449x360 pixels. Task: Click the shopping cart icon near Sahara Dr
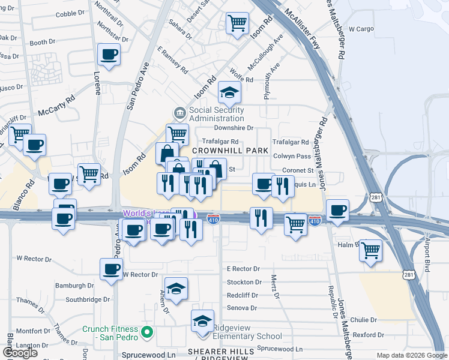tap(237, 24)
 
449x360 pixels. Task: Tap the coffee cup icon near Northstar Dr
tap(109, 55)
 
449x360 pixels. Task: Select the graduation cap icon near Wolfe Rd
tap(229, 92)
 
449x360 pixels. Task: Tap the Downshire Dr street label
tap(234, 128)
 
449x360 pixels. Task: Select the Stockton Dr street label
tap(243, 282)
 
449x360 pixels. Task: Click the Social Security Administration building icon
tap(179, 113)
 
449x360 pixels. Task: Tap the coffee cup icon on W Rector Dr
tap(110, 269)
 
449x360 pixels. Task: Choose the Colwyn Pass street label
tap(292, 156)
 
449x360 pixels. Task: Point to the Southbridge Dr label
tap(88, 299)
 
